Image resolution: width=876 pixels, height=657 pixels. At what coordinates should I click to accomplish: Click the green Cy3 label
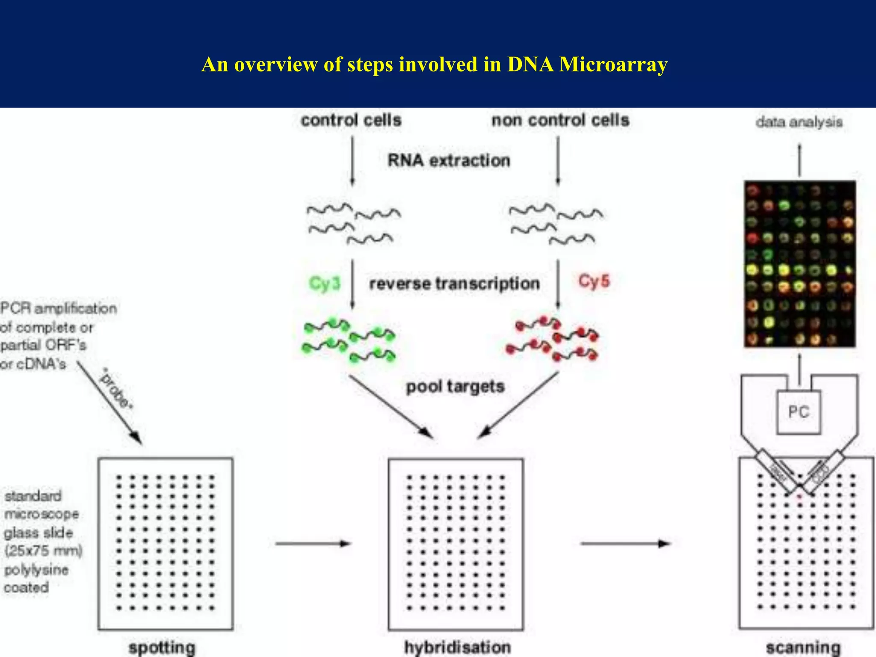click(x=325, y=284)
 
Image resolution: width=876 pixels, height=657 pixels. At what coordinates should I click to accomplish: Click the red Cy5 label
click(x=594, y=281)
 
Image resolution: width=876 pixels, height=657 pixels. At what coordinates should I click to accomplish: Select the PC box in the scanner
click(x=799, y=412)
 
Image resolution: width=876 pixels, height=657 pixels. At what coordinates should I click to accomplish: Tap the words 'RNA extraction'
click(x=449, y=160)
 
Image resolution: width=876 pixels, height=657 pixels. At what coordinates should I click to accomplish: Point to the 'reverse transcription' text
click(x=454, y=284)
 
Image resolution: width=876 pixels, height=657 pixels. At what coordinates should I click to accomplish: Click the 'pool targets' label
click(x=455, y=386)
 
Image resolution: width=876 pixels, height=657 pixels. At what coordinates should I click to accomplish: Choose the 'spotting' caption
click(x=162, y=647)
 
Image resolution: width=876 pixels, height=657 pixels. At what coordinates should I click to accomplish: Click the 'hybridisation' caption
click(x=458, y=647)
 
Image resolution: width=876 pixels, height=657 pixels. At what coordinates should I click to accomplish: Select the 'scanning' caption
click(x=803, y=648)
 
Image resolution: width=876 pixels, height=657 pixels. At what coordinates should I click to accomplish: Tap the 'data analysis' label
click(x=799, y=122)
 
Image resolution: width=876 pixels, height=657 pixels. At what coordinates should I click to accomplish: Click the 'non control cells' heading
click(x=560, y=120)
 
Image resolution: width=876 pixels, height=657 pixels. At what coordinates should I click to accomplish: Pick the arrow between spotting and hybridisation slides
click(x=313, y=544)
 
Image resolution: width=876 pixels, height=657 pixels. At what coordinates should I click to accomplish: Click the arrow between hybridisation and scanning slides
click(x=625, y=544)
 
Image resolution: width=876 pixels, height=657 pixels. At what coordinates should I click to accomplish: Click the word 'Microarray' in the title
click(x=613, y=65)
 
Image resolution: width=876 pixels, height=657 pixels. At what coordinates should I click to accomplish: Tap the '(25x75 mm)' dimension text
click(x=43, y=550)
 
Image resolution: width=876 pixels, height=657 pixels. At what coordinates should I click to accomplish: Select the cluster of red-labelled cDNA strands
click(x=552, y=339)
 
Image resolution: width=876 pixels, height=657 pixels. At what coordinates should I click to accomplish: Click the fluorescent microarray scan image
click(x=799, y=263)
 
